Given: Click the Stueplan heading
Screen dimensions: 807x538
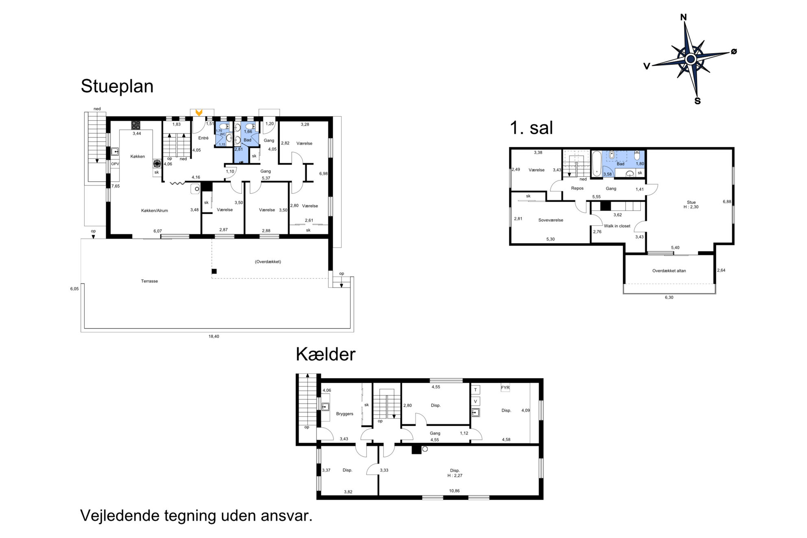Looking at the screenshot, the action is point(117,87).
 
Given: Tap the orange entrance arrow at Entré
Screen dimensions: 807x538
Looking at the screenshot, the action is point(199,112).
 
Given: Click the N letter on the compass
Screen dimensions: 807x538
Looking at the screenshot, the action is point(683,17).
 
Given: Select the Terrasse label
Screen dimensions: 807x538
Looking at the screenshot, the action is point(149,281).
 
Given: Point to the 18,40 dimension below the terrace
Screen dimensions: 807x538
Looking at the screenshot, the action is point(214,336).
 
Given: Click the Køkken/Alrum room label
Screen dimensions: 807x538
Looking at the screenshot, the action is point(155,211).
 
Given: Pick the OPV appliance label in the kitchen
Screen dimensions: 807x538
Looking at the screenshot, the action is point(115,164).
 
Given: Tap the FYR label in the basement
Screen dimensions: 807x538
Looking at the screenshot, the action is point(505,388).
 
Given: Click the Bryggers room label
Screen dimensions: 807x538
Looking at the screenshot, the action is point(345,414).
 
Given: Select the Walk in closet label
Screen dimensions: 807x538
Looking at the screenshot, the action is point(617,226).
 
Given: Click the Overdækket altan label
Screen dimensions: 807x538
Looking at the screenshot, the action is point(669,271).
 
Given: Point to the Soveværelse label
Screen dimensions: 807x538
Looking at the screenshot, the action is point(551,220).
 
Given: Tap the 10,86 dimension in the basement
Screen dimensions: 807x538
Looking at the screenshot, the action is point(454,491).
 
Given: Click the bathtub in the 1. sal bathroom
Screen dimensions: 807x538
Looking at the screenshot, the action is point(597,163).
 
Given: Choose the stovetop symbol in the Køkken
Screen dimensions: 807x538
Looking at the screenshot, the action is point(136,125).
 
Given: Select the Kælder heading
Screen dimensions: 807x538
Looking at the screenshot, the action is point(325,354).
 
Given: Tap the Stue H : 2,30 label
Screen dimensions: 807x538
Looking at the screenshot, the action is point(691,205).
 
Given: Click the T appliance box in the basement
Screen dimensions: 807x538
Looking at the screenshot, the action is point(475,390).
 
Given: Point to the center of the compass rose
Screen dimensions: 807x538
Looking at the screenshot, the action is point(691,59).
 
